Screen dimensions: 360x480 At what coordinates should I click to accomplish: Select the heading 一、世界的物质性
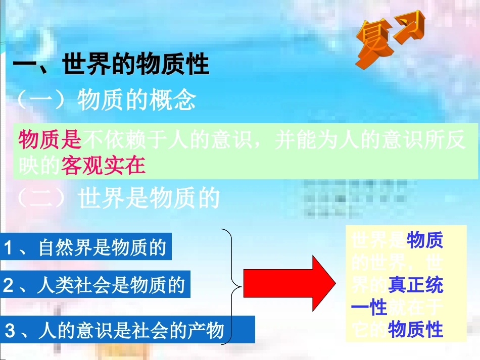click(111, 66)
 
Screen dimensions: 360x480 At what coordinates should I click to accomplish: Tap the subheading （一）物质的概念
click(106, 101)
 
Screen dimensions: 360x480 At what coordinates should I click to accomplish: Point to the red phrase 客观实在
click(104, 166)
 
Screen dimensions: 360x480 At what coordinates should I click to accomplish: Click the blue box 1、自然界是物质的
click(86, 247)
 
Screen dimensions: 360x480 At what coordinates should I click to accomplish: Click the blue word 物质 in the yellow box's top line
click(424, 241)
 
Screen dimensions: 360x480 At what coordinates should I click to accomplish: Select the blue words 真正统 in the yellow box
click(415, 285)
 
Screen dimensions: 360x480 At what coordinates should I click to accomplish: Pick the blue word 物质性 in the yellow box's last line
click(415, 329)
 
